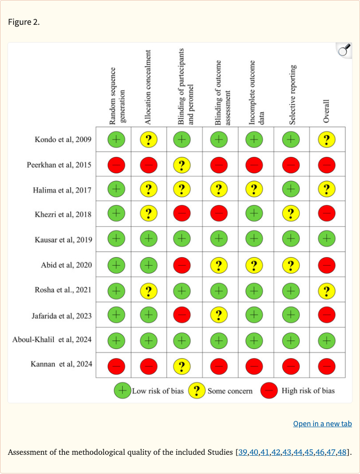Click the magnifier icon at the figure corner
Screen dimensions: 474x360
(x=344, y=50)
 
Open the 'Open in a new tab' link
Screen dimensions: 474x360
(x=322, y=423)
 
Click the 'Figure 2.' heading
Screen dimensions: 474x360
(x=23, y=22)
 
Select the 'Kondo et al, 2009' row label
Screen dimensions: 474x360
(x=63, y=139)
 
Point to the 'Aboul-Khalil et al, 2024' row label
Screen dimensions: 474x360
(x=52, y=340)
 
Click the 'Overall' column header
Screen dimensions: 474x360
(x=327, y=111)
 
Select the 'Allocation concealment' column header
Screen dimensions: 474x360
(x=149, y=88)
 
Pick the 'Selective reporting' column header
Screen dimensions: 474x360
(x=292, y=95)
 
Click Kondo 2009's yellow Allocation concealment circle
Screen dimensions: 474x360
(x=149, y=139)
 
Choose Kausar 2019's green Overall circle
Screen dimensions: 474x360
(x=327, y=239)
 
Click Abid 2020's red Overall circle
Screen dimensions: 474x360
(x=327, y=265)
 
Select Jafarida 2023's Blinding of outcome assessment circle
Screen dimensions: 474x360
(x=219, y=315)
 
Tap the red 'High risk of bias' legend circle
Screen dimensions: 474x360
(x=271, y=390)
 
